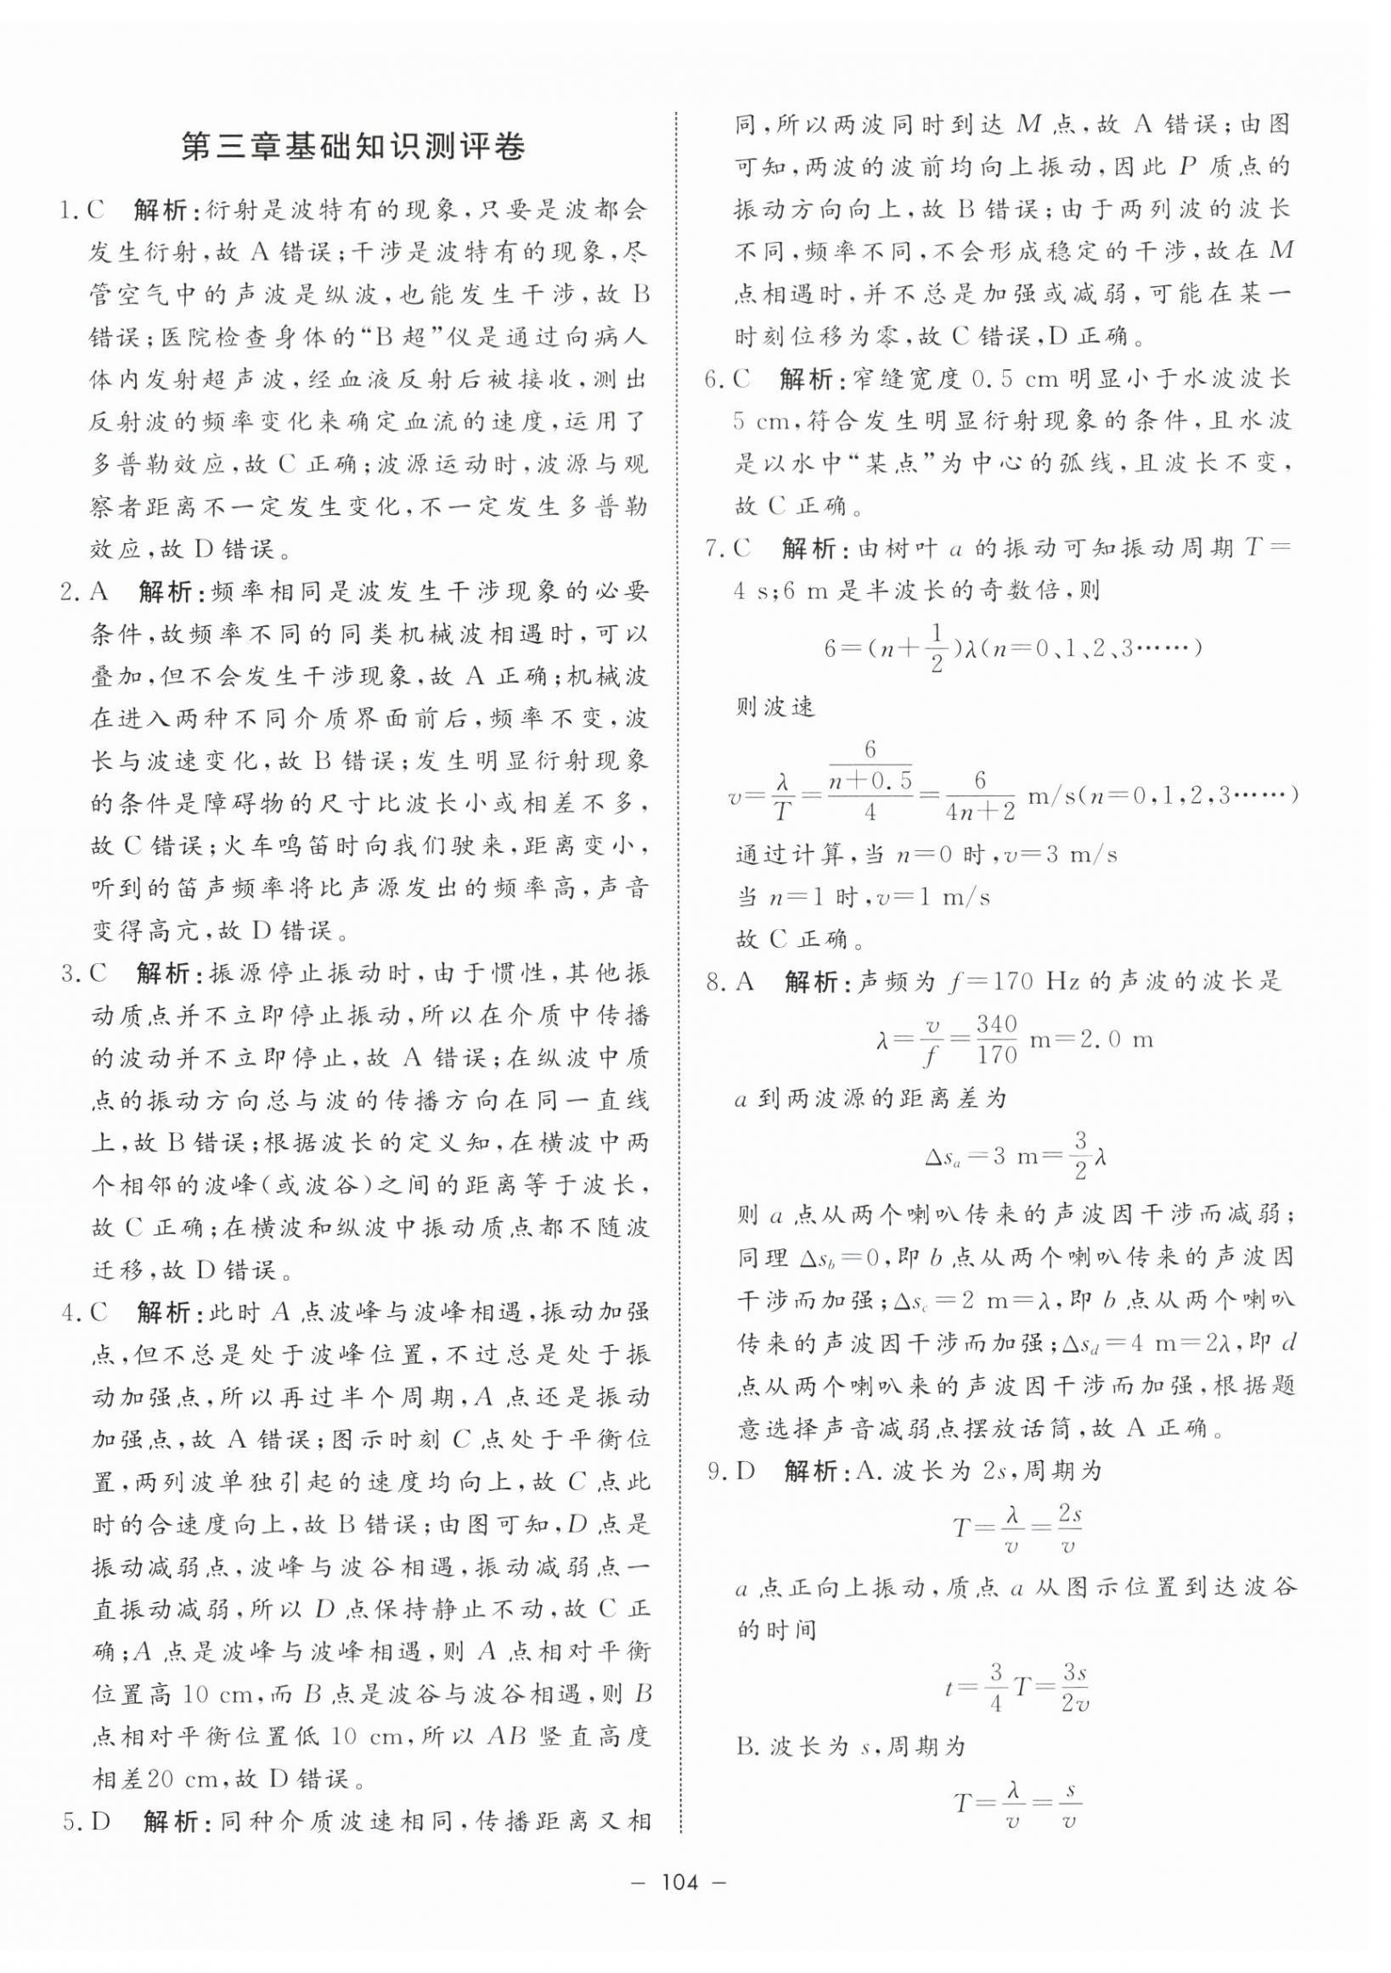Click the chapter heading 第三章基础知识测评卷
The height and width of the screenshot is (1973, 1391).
352,146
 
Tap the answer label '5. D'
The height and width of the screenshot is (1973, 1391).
86,1820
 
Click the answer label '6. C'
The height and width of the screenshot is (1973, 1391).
727,379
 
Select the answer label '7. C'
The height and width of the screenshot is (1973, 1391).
727,548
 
